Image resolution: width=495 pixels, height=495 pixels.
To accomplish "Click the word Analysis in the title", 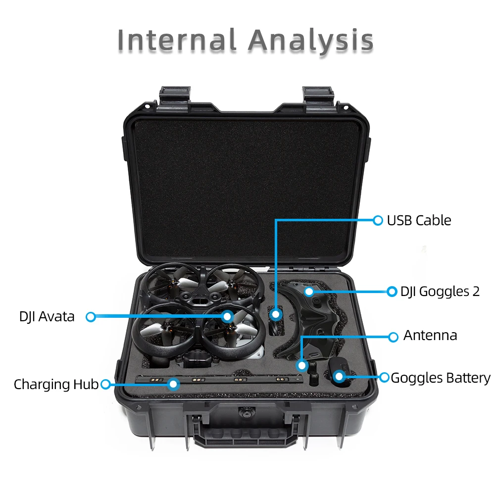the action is pos(311,41).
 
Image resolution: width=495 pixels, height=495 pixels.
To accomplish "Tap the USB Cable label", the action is pos(419,220).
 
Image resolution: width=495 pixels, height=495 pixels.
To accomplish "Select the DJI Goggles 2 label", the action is pos(440,292).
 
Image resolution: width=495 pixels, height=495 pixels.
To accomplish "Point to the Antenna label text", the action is pos(430,336).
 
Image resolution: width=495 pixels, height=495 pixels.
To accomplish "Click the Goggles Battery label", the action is pos(441,378).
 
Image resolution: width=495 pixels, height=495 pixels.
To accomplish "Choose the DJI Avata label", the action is pos(47,316).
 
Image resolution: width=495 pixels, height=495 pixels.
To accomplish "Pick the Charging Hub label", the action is pos(56,384).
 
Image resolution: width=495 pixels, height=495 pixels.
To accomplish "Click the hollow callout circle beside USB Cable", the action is pos(378,220).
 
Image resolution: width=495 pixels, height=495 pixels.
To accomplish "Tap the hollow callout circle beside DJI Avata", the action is pos(91,316).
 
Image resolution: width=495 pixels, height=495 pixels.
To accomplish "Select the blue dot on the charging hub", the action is pos(173,384).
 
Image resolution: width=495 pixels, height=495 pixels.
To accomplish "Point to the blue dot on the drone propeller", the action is pos(227,316).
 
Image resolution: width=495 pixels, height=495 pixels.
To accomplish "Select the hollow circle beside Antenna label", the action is pos(393,337).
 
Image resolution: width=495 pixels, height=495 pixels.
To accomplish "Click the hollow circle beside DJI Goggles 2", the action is pos(392,292).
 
